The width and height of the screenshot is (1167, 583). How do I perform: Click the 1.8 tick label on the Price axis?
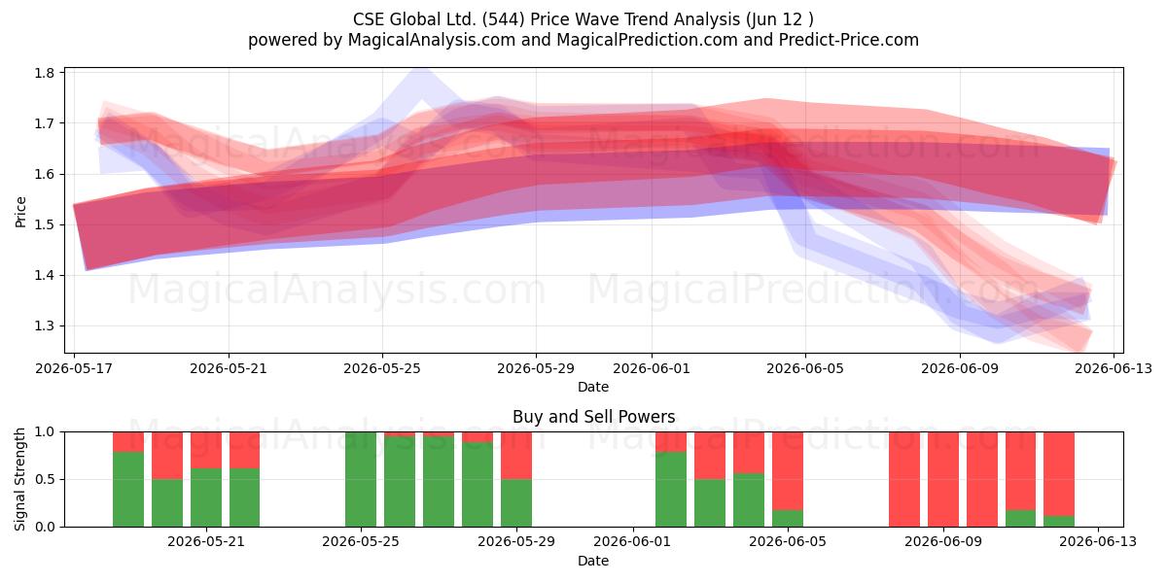tap(45, 73)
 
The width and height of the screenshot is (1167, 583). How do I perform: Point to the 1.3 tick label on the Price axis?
tap(45, 326)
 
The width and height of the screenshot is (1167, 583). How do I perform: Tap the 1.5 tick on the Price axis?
tap(45, 224)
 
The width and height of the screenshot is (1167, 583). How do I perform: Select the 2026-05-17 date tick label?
tap(74, 368)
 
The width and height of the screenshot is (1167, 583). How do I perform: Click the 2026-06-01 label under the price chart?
tap(652, 368)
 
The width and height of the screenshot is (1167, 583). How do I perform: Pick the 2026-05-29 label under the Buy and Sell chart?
tap(516, 541)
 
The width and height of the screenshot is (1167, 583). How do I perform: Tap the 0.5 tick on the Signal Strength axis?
tap(45, 479)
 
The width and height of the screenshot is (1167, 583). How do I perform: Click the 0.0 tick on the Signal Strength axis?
tap(45, 527)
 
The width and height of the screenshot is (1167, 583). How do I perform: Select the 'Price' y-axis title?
tap(20, 212)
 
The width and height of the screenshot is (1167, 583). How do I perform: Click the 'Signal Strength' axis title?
tap(19, 479)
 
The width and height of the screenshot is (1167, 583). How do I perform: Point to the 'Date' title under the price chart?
tap(593, 387)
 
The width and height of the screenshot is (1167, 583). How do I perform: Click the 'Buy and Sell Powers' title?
tap(594, 417)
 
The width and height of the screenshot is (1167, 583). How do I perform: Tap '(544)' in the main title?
tap(504, 19)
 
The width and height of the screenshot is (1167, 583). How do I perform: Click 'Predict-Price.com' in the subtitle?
tap(849, 40)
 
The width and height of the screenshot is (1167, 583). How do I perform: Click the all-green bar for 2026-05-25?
tap(361, 479)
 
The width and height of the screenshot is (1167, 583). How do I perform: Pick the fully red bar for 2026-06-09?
tap(943, 479)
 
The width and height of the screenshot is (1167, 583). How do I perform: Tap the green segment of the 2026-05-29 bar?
tap(516, 503)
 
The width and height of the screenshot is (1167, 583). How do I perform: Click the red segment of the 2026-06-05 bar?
tap(788, 471)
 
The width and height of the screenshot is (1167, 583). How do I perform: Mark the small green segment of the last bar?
tap(1059, 522)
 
